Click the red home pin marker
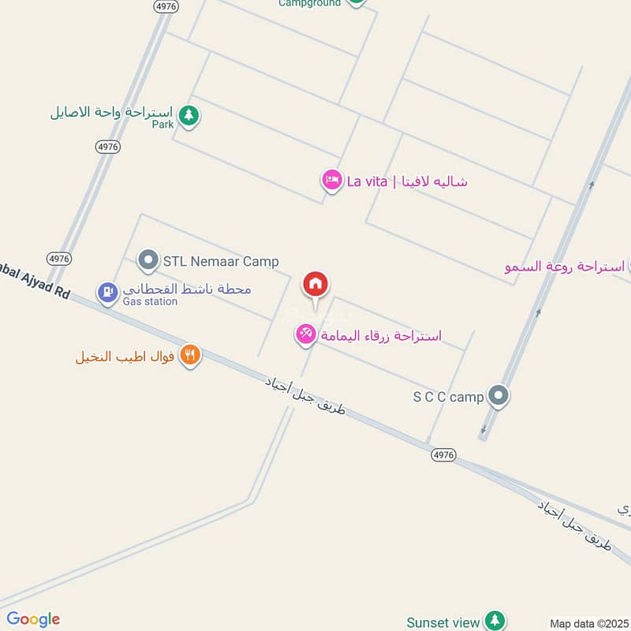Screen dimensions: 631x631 click(x=315, y=285)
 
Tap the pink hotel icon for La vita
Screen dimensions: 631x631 click(x=331, y=181)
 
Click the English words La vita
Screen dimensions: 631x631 click(x=367, y=181)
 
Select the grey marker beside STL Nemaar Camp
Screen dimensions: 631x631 click(x=147, y=259)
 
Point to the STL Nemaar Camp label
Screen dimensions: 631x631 click(x=221, y=261)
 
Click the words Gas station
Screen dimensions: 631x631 click(x=150, y=301)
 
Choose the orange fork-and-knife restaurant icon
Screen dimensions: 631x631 click(x=189, y=355)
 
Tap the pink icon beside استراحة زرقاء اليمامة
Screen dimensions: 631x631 click(x=305, y=335)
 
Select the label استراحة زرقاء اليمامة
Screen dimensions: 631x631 click(x=380, y=336)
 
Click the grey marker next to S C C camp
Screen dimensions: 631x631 click(x=498, y=396)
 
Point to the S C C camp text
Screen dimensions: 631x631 click(x=448, y=397)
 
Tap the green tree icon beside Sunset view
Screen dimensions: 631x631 click(x=495, y=621)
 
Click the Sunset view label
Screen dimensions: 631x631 click(x=443, y=622)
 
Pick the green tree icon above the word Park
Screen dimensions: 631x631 click(x=188, y=116)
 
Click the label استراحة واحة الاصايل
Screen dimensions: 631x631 click(x=112, y=111)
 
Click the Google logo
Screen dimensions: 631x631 click(x=32, y=619)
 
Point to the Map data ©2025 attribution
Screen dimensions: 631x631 click(x=588, y=623)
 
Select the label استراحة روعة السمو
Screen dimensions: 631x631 click(x=565, y=267)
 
